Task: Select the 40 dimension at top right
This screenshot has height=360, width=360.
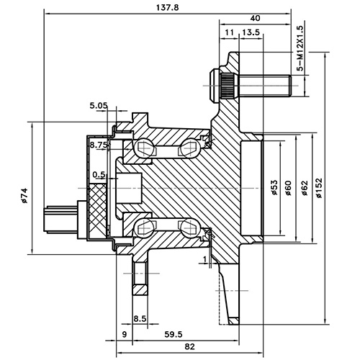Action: tap(256, 18)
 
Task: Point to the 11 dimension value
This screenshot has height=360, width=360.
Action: tap(229, 33)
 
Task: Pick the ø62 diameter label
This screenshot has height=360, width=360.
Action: tap(305, 187)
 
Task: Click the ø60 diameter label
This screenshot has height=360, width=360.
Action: tap(288, 187)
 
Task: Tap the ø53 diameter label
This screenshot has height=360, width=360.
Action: tap(274, 187)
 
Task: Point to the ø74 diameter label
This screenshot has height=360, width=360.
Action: tap(24, 195)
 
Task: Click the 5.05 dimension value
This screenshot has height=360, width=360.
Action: tap(99, 106)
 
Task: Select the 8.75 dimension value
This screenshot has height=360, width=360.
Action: tap(99, 145)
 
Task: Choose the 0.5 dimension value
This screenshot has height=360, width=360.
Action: tap(99, 174)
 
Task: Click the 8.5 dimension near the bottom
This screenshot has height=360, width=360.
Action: tap(140, 318)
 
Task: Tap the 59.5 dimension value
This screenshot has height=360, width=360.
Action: tap(172, 334)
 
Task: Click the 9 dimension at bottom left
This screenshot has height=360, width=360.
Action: tap(125, 334)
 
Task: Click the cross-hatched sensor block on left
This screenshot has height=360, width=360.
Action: tap(99, 210)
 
